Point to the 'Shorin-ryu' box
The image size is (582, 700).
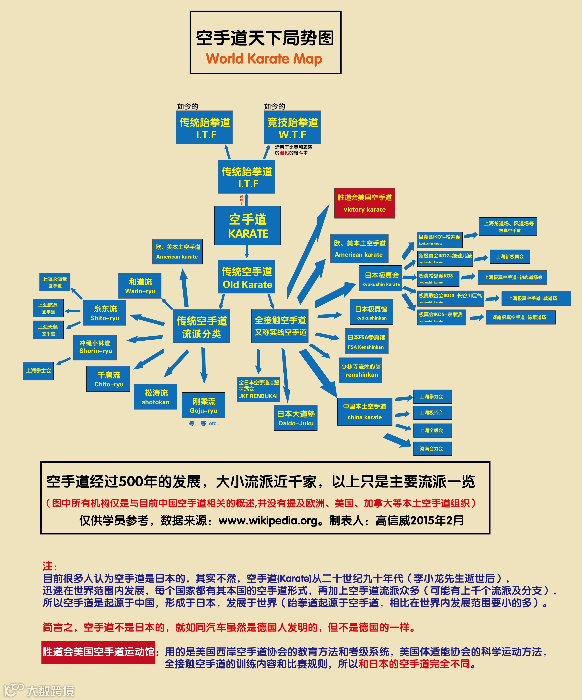click(95, 347)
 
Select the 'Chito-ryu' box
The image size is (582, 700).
click(108, 379)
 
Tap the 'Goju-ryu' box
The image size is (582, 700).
click(203, 405)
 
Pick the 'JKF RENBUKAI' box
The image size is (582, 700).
click(258, 389)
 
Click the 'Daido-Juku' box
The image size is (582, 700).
click(296, 418)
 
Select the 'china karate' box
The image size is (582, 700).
click(365, 412)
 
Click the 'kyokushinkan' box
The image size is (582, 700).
click(371, 312)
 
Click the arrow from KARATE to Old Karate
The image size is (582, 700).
click(247, 252)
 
